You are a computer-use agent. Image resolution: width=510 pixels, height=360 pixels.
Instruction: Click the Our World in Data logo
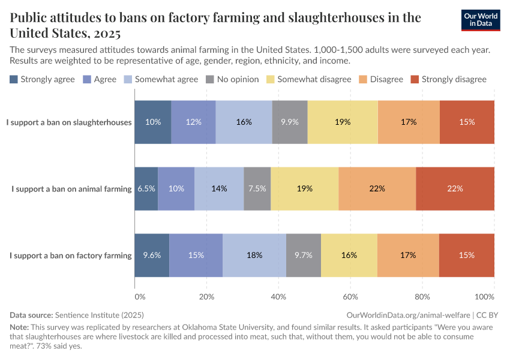pos(481,20)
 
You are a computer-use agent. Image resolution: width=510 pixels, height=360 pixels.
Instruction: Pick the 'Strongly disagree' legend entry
pos(448,79)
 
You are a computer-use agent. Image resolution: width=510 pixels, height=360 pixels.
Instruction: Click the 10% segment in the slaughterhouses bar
pos(153,122)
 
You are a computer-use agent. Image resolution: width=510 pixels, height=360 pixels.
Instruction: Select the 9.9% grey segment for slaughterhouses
pos(289,122)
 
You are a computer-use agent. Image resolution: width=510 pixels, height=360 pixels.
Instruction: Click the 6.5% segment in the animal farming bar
pos(146,188)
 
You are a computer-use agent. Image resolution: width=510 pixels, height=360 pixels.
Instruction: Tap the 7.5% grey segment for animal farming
pos(257,188)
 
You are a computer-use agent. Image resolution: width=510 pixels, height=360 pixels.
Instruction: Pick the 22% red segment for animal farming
pos(455,188)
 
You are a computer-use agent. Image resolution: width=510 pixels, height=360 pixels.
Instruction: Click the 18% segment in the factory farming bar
pos(254,255)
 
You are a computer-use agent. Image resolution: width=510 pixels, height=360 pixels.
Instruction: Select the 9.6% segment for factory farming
pos(152,255)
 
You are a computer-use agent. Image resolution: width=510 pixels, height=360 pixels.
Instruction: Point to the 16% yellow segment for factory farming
pos(349,255)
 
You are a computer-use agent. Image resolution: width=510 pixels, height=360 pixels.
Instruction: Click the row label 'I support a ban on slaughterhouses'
pos(69,122)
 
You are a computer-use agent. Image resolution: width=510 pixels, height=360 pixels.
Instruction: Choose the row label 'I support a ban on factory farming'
pos(71,256)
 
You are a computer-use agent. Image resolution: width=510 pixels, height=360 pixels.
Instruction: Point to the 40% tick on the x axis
pos(279,296)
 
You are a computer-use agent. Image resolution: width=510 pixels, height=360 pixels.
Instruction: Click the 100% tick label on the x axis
pos(484,296)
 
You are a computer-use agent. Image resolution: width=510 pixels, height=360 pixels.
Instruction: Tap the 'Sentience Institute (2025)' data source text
pos(99,314)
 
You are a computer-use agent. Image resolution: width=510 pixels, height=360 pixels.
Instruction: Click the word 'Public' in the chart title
pos(30,17)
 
